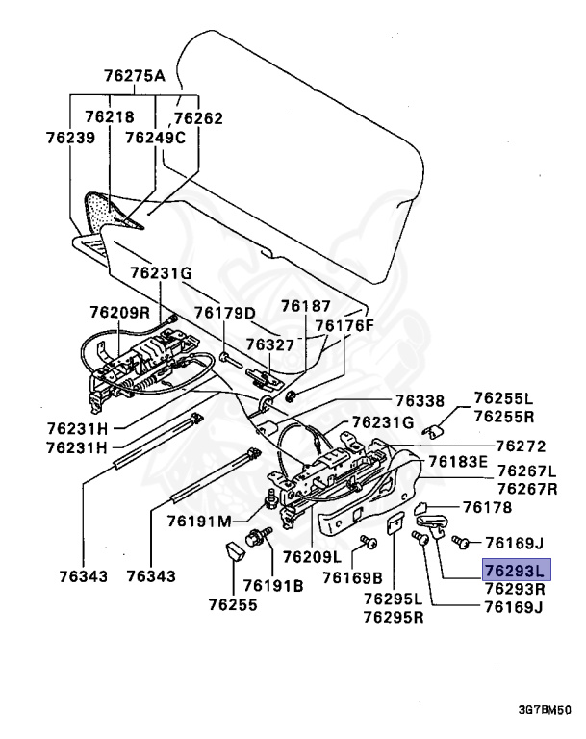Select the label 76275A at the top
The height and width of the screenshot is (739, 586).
pos(134,76)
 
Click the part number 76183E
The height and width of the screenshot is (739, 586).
pos(459,462)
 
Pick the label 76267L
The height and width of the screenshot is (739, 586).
pos(526,471)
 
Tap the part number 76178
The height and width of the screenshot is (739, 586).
pos(487,507)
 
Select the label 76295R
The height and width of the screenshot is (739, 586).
pos(394,616)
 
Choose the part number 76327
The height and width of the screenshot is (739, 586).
pos(269,344)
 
